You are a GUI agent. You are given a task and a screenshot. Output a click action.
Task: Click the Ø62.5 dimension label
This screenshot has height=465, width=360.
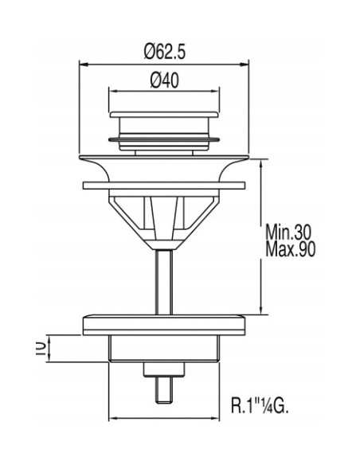pos(165,52)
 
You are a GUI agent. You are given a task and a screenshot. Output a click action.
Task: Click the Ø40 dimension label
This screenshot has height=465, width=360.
pos(164,80)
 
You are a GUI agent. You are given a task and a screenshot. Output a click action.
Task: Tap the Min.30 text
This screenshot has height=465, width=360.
pos(288,232)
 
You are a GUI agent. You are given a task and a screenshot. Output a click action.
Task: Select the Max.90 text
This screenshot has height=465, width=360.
pos(290,249)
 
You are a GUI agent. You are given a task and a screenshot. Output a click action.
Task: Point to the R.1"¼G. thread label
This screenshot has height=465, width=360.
pos(260,405)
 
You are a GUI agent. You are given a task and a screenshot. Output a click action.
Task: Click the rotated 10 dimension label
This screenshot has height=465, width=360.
pos(41,349)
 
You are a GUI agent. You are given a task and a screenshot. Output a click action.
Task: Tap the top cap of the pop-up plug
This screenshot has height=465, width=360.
pos(164,115)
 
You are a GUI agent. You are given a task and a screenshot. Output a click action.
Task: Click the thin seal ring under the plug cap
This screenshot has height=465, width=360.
pos(164,139)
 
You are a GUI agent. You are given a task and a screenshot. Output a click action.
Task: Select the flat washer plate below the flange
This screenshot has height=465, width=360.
pos(164,186)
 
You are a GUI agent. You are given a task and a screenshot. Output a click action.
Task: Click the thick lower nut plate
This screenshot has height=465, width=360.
pos(164,326)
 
